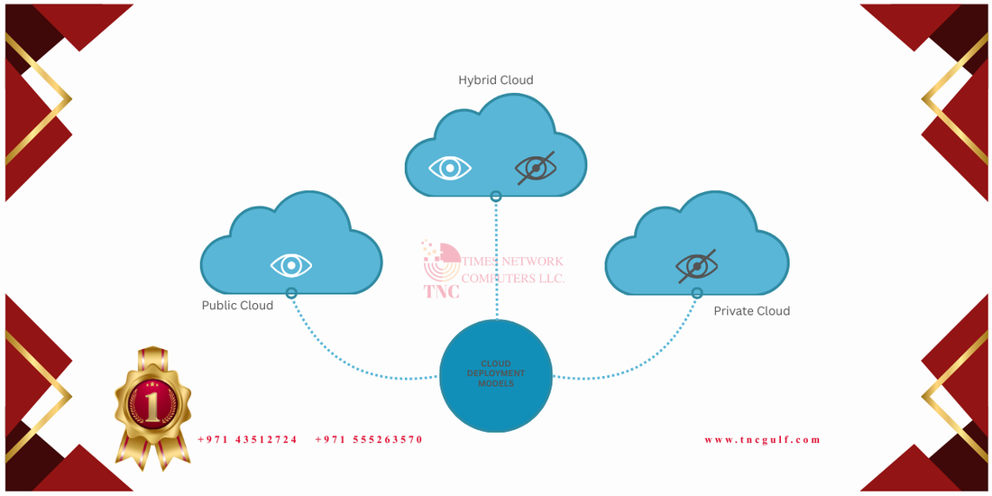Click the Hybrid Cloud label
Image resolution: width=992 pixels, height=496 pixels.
coord(495,80)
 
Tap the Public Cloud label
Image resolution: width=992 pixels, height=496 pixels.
coord(237,305)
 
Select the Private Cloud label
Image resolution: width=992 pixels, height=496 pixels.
coord(751,310)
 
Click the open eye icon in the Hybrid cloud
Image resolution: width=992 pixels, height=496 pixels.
coord(450,168)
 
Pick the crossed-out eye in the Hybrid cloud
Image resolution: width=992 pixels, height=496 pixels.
coord(536,168)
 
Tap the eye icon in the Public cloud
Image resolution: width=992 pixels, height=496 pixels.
coord(291,265)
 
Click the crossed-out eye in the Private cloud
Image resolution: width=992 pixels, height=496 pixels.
coord(697,266)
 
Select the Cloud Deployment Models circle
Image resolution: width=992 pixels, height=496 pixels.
coord(495,376)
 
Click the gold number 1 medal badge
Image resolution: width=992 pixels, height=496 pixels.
coord(153,406)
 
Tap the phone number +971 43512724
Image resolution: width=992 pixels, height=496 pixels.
coord(247,440)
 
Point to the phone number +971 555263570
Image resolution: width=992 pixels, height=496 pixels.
coord(369,440)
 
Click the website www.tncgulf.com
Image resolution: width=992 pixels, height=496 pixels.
coord(762,440)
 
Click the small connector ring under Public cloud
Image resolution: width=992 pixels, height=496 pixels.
coord(291,293)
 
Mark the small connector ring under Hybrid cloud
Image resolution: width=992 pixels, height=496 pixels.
coord(495,196)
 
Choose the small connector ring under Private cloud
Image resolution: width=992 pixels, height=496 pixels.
coord(697,293)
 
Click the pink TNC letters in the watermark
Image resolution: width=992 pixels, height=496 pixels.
coord(441,291)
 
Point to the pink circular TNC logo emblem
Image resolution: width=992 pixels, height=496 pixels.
coord(441,262)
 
